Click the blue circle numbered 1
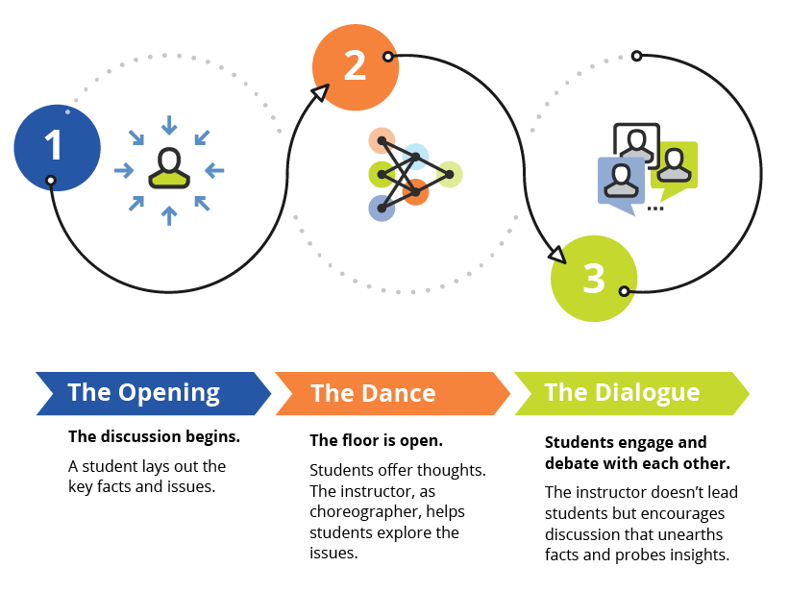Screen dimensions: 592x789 [56, 147]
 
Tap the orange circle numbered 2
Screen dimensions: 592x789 [355, 65]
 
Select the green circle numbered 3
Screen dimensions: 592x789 [593, 278]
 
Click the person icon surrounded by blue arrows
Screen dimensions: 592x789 [169, 169]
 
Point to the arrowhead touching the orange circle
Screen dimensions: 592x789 [320, 93]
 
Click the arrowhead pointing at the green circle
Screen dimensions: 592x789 [556, 255]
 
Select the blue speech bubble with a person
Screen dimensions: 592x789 [621, 181]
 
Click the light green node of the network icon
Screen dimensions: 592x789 [450, 174]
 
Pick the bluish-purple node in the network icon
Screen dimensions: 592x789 [381, 208]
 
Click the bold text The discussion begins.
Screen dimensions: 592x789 [154, 436]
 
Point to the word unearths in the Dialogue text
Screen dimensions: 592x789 [689, 533]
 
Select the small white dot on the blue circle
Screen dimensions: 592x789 [51, 180]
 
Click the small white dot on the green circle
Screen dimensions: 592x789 [624, 290]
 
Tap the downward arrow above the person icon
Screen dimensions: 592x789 [169, 125]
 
